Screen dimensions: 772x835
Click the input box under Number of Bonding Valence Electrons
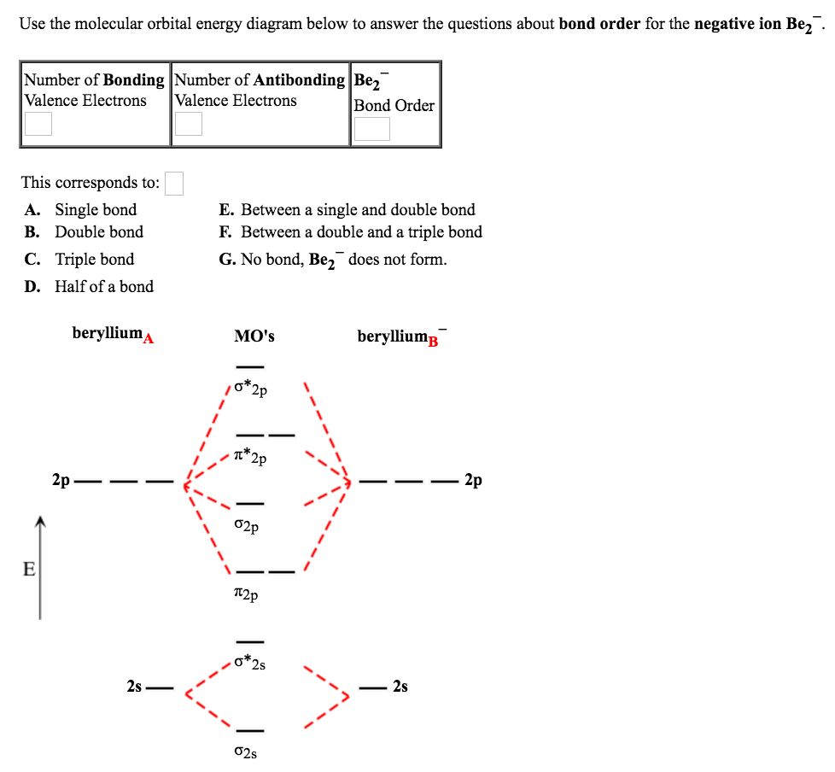pos(38,125)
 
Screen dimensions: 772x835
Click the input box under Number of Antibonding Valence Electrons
pos(189,125)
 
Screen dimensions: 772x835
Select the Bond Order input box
pos(372,129)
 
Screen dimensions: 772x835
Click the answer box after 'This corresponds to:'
pos(174,184)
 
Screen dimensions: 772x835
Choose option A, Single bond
pos(95,210)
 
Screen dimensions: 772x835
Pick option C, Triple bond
pos(94,260)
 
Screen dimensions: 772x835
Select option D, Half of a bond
pos(103,287)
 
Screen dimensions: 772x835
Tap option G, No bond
pos(332,260)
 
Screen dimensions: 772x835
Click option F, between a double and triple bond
pos(360,232)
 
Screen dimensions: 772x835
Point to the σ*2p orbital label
pos(251,389)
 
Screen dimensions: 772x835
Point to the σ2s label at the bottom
pos(245,752)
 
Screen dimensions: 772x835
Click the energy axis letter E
pos(29,569)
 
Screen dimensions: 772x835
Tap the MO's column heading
pos(254,336)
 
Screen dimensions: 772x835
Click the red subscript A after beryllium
pos(148,339)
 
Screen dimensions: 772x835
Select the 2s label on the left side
pos(134,686)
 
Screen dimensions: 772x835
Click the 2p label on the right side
pos(474,481)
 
